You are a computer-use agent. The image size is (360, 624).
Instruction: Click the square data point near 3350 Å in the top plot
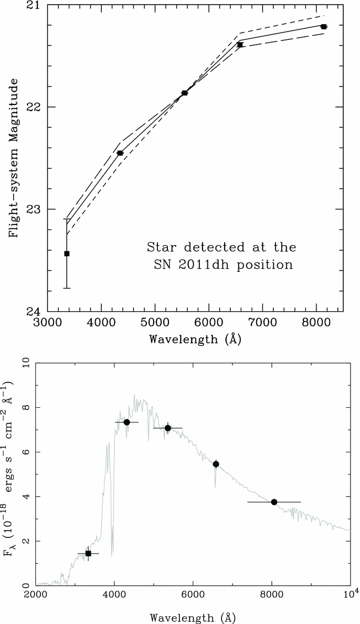[67, 253]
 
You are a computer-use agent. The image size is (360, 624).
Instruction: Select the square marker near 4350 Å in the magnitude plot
[120, 153]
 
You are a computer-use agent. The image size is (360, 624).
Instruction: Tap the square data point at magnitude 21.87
[185, 93]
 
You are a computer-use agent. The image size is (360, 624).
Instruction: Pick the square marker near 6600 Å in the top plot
[240, 45]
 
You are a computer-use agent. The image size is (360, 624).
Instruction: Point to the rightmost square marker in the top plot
[324, 26]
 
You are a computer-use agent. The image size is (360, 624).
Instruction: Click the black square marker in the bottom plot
[88, 553]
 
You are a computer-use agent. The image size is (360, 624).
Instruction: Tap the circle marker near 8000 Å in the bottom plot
[274, 502]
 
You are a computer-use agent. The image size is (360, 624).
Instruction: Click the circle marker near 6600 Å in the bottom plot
[216, 464]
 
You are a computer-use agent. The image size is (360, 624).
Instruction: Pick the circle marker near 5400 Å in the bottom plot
[168, 428]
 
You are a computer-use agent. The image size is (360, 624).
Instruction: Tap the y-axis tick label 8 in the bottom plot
[25, 407]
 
